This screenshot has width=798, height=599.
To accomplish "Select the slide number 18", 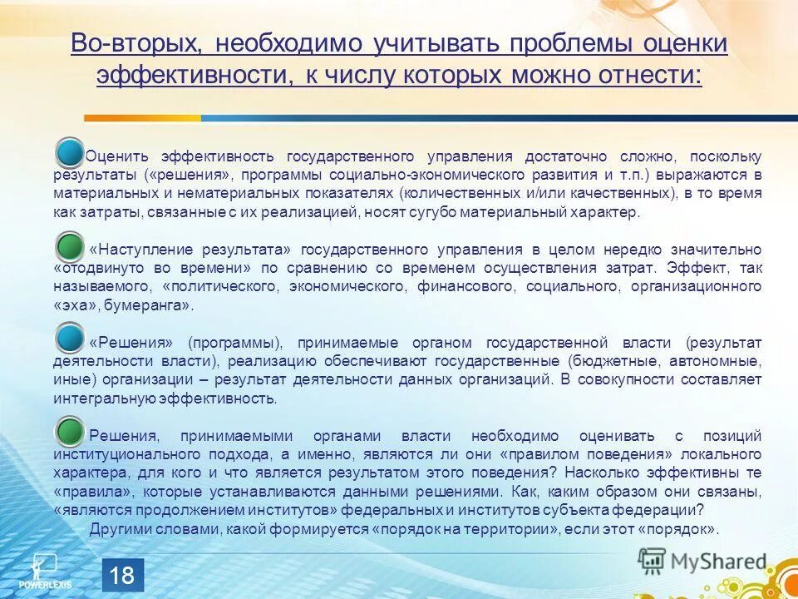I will pos(122,575).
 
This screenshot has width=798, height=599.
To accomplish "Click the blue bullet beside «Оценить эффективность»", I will pos(70,153).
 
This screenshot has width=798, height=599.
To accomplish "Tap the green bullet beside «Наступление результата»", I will pos(70,247).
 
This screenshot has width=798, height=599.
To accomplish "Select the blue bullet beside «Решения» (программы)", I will pos(70,339).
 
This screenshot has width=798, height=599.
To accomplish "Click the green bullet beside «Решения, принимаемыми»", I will pos(70,432).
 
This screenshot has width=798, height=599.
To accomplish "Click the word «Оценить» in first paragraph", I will pos(117,157).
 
